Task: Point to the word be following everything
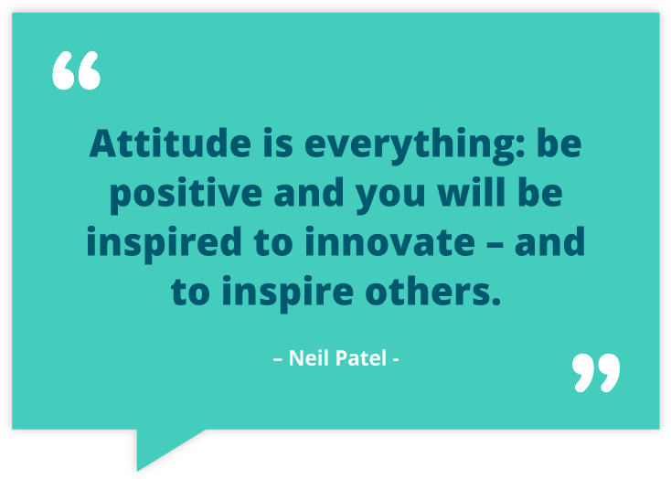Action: pyautogui.click(x=559, y=145)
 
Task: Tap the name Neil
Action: pyautogui.click(x=308, y=357)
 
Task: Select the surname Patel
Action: pyautogui.click(x=360, y=357)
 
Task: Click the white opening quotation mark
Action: pyautogui.click(x=76, y=71)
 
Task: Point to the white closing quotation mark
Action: pyautogui.click(x=595, y=371)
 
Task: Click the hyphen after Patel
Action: pyautogui.click(x=395, y=358)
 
